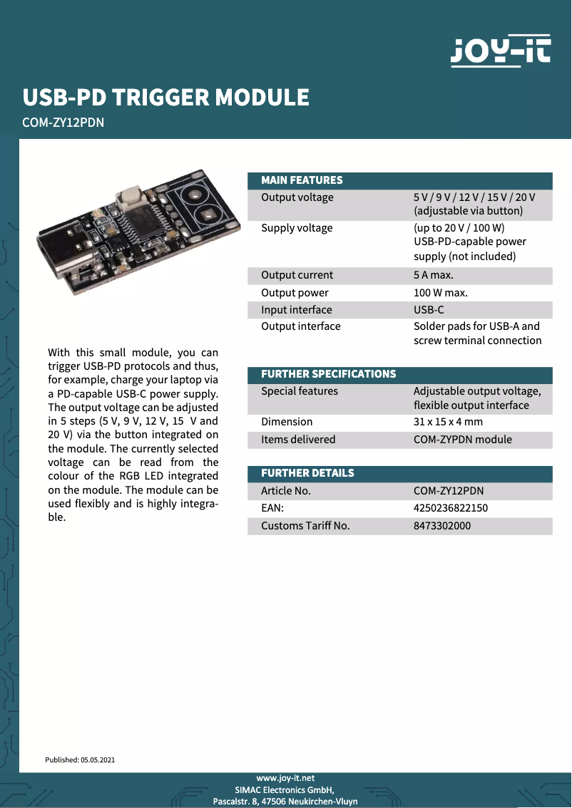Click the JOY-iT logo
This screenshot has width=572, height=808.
click(x=500, y=51)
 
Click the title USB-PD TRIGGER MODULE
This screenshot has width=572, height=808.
click(x=166, y=97)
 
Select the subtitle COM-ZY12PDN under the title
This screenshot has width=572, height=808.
click(x=63, y=123)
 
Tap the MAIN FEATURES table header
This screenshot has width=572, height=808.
click(x=302, y=180)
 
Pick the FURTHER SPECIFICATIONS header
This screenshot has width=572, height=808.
click(x=328, y=374)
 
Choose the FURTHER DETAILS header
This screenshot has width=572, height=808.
click(x=307, y=473)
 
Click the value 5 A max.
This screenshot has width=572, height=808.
click(x=433, y=275)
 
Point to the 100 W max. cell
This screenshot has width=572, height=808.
click(x=440, y=293)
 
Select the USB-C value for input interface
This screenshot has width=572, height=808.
click(x=428, y=310)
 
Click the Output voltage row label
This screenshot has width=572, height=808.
click(x=297, y=197)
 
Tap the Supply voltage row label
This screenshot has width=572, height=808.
click(x=297, y=228)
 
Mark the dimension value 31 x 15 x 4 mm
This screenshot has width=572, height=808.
click(x=448, y=422)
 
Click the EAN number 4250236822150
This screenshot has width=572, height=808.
click(x=451, y=508)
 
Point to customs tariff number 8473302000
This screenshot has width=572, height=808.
click(x=442, y=526)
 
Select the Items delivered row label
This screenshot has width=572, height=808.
click(x=298, y=440)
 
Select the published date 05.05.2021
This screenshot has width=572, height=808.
click(x=98, y=760)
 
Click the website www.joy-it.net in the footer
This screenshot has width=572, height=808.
click(x=285, y=778)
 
